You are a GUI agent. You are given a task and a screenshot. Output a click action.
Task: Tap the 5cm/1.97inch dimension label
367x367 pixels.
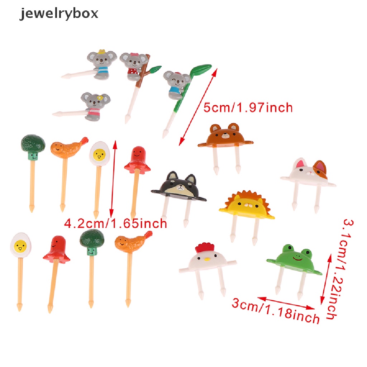(x=248, y=107)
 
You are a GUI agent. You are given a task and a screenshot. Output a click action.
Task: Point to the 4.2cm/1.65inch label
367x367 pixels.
(x=115, y=224)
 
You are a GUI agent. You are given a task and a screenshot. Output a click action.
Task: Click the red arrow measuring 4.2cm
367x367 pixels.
(x=114, y=179)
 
